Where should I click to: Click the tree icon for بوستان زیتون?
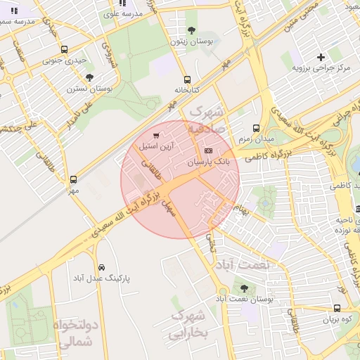(191, 30)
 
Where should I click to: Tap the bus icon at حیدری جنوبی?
(65, 49)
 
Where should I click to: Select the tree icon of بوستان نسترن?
(89, 77)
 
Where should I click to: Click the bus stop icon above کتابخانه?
(186, 79)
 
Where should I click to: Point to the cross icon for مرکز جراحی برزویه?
(321, 56)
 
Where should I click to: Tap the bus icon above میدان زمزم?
(255, 128)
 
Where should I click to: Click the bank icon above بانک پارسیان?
(207, 150)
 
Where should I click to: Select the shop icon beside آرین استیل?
(155, 135)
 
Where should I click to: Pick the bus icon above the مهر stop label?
(74, 179)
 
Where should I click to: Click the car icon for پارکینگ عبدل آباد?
(103, 267)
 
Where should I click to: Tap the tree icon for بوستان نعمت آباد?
(244, 288)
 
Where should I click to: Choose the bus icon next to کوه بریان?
(337, 308)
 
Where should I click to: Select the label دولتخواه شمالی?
(72, 334)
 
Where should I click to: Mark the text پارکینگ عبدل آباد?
(102, 278)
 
